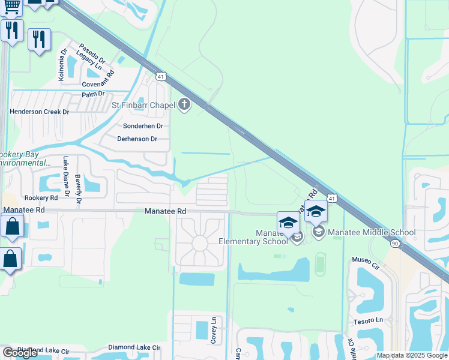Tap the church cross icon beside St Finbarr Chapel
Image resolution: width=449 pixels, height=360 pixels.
[x=184, y=106]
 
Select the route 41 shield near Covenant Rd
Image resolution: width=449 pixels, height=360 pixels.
[x=160, y=76]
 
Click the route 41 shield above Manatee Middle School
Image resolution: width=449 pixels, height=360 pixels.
[x=332, y=197]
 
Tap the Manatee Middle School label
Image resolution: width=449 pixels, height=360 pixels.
[x=372, y=232]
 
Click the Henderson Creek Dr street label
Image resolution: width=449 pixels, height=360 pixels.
[x=40, y=112]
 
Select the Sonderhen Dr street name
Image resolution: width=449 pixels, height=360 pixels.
[x=143, y=126]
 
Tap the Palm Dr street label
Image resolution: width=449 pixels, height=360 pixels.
[x=94, y=94]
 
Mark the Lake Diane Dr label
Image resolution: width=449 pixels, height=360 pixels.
[x=66, y=174]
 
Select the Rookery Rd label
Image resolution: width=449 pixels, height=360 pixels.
[x=41, y=197]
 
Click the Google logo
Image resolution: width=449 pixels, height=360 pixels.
[x=20, y=353]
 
